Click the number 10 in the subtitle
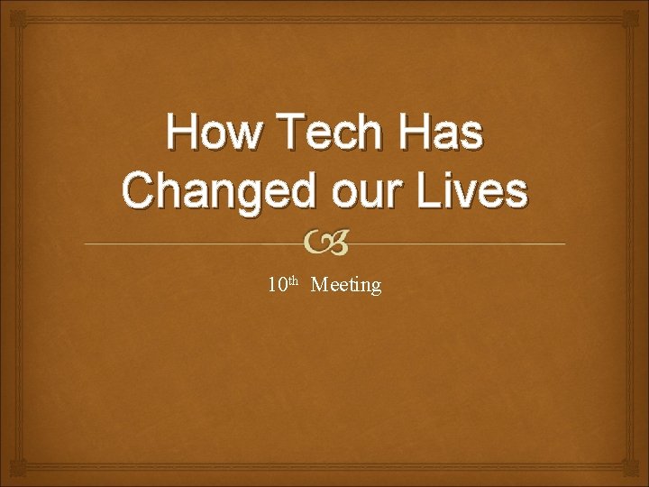(x=277, y=286)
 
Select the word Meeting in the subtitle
(x=346, y=286)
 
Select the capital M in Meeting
(x=318, y=286)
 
